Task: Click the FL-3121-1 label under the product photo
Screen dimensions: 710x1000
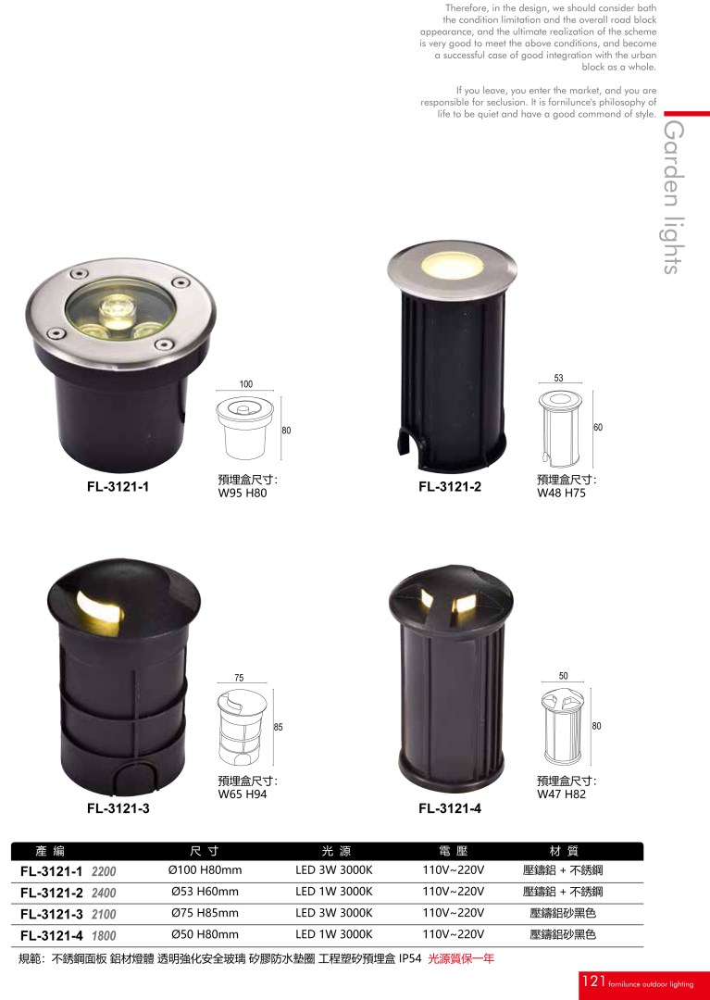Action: (x=118, y=487)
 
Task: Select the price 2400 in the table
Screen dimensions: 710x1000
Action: (x=104, y=893)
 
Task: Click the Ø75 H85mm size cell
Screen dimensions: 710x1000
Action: (x=206, y=913)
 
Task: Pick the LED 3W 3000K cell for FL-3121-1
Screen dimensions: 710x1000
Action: (x=334, y=869)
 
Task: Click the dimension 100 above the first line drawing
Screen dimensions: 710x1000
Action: (x=246, y=384)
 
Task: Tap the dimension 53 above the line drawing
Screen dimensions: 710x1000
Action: (x=559, y=378)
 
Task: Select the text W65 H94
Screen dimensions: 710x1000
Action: (x=243, y=794)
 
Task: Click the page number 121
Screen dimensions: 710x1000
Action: (x=593, y=981)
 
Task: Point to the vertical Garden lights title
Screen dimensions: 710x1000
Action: (x=674, y=197)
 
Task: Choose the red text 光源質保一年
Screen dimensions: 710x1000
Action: (x=461, y=958)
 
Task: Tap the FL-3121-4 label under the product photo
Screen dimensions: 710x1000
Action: (x=450, y=808)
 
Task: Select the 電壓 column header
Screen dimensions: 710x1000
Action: (x=454, y=851)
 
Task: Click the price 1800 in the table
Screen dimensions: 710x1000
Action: (x=104, y=935)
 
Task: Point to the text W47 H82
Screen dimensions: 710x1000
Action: (x=561, y=794)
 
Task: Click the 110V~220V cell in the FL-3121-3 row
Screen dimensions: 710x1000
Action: (x=454, y=913)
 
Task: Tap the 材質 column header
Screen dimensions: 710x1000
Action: (x=564, y=851)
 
